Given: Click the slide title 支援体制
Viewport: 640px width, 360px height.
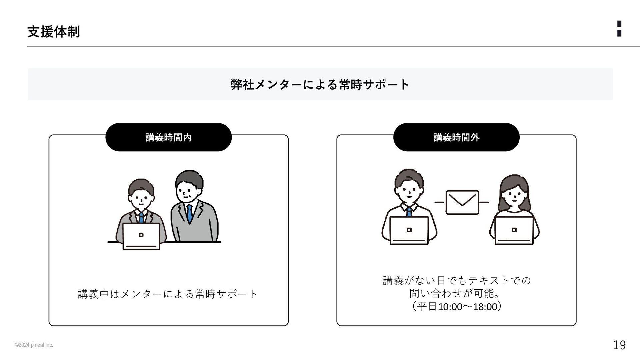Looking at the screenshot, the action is tap(53, 32).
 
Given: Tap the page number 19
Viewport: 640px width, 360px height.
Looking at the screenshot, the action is tap(619, 345).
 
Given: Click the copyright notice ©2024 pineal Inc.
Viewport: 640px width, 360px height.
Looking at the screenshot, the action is tap(34, 345).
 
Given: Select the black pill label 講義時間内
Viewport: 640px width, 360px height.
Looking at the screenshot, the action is tap(168, 137).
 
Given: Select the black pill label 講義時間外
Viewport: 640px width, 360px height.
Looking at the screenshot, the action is tap(456, 137).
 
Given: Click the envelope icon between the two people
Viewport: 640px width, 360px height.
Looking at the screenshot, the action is tap(462, 202).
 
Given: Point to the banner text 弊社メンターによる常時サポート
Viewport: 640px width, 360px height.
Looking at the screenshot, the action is tap(320, 84).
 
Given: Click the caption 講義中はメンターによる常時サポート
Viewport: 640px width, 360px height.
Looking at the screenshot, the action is tap(168, 294).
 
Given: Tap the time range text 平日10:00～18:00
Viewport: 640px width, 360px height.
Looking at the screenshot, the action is tap(457, 306).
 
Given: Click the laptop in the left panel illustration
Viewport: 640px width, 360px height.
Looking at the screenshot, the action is tap(141, 236).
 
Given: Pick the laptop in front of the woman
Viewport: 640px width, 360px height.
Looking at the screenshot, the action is tap(514, 231).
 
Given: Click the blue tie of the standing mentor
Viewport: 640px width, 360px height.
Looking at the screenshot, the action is tap(189, 214).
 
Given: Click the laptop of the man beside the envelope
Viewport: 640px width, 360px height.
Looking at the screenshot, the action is tap(409, 231).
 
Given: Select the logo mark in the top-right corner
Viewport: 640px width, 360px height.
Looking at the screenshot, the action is tap(619, 28).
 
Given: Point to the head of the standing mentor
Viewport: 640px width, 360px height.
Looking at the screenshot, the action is tap(189, 187).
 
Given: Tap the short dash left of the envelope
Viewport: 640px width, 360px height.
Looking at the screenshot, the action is tap(439, 202).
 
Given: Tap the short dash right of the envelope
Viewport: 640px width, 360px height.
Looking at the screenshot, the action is tap(484, 202).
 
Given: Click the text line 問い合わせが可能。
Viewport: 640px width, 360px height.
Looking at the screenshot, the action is tap(455, 293).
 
